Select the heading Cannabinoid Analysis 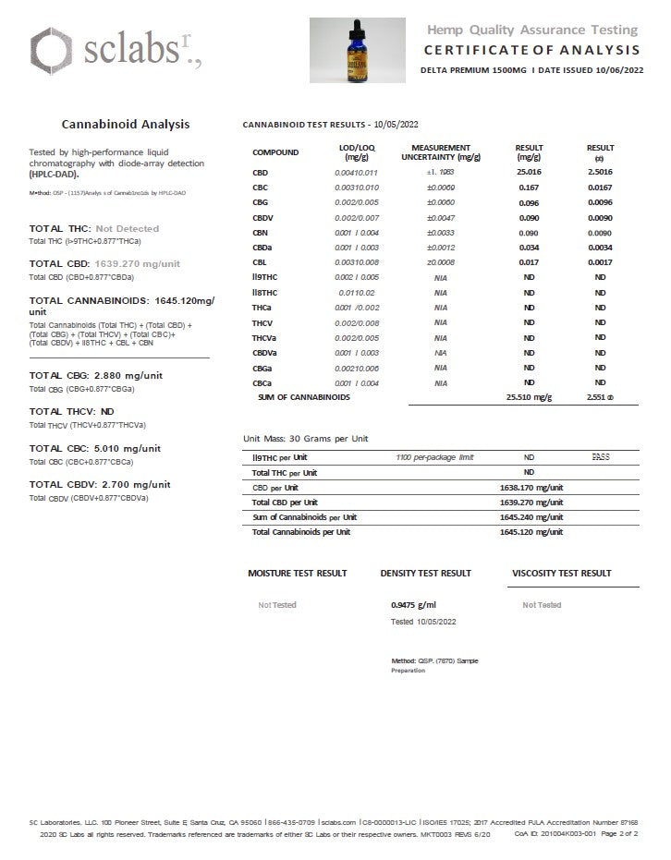click(x=126, y=123)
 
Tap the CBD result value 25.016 click(x=529, y=173)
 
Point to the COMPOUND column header click(x=275, y=152)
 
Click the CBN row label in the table click(x=260, y=233)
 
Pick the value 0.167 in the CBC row click(x=529, y=188)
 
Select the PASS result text click(x=601, y=456)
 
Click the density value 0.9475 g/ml click(x=412, y=605)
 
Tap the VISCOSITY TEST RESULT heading click(x=561, y=574)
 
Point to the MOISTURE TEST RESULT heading click(x=298, y=574)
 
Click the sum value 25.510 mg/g click(x=529, y=397)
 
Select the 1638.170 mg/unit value click(x=530, y=487)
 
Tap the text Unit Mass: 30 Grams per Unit click(x=305, y=439)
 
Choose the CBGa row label click(x=262, y=368)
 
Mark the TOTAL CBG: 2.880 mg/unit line click(x=95, y=375)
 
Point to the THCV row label click(x=262, y=322)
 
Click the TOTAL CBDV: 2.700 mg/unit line click(x=99, y=484)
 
